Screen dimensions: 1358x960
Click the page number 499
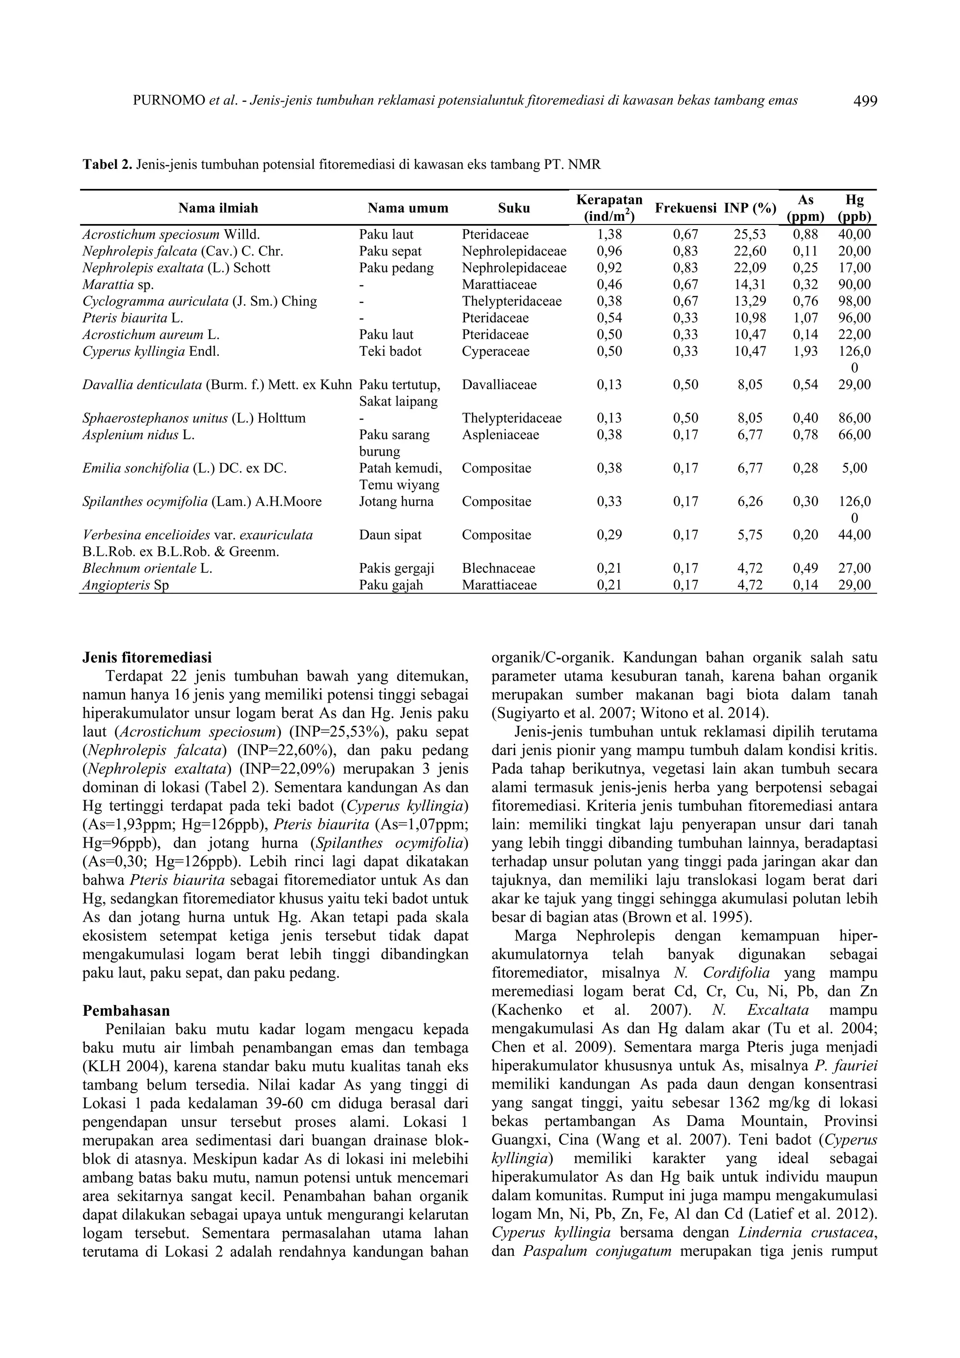tap(865, 101)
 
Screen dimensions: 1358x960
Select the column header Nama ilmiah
tap(218, 208)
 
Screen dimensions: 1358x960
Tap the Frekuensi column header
tap(685, 208)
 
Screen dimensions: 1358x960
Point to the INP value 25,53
tap(750, 235)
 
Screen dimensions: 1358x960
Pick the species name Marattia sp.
tap(118, 285)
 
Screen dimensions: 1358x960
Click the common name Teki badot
tap(390, 351)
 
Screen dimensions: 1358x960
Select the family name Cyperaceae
tap(495, 351)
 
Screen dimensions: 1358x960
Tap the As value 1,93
tap(805, 351)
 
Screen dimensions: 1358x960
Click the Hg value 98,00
tap(854, 301)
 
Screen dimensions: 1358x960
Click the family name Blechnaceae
tap(498, 569)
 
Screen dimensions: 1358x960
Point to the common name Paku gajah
tap(391, 585)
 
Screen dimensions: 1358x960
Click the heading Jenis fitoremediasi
tap(147, 658)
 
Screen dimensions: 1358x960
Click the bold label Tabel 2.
tap(107, 165)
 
